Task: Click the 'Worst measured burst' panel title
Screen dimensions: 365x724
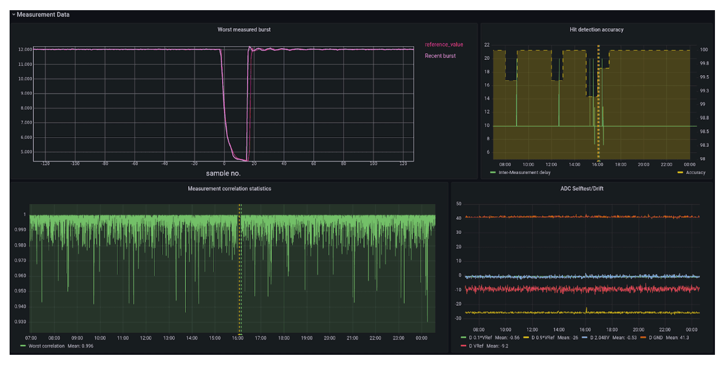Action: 244,29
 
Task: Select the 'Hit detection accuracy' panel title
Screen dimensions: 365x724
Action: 596,29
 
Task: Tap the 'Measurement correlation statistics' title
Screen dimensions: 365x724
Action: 229,188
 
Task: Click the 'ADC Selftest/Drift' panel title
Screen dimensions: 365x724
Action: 582,188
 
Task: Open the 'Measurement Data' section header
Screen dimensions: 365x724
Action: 43,15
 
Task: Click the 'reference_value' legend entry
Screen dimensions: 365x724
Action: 444,45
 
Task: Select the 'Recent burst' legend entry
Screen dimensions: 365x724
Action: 440,56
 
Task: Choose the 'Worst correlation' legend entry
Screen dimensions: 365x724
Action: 46,346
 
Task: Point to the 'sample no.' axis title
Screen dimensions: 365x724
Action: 223,173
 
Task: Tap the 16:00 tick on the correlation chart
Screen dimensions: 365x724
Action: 237,338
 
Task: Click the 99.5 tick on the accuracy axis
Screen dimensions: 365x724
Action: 704,77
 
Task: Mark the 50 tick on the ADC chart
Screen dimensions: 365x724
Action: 458,203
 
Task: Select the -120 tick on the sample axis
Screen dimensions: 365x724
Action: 45,164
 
